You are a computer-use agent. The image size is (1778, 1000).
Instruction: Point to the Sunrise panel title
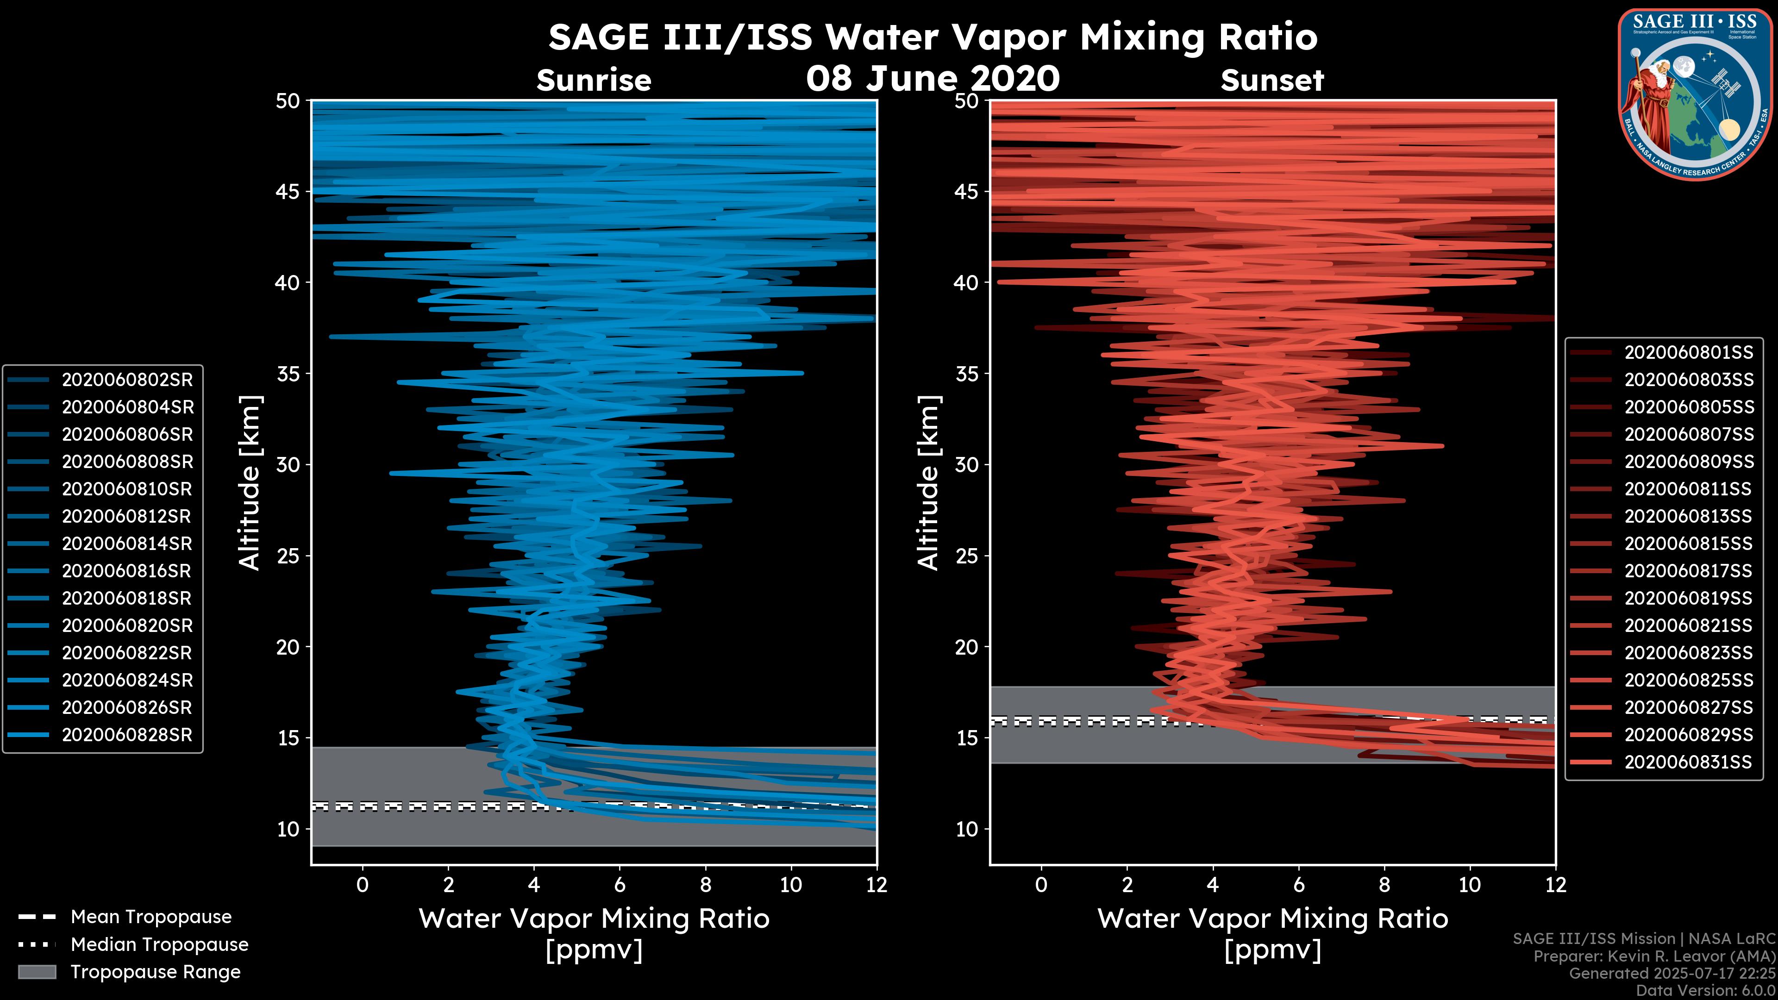594,81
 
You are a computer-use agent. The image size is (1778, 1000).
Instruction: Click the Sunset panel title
1272,81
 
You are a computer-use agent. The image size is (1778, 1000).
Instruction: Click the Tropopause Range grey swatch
37,972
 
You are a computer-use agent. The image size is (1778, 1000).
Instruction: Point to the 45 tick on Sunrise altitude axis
288,192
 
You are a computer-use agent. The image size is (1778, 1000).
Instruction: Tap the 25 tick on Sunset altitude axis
966,556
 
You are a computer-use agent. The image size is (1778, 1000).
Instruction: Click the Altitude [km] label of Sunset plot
928,483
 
